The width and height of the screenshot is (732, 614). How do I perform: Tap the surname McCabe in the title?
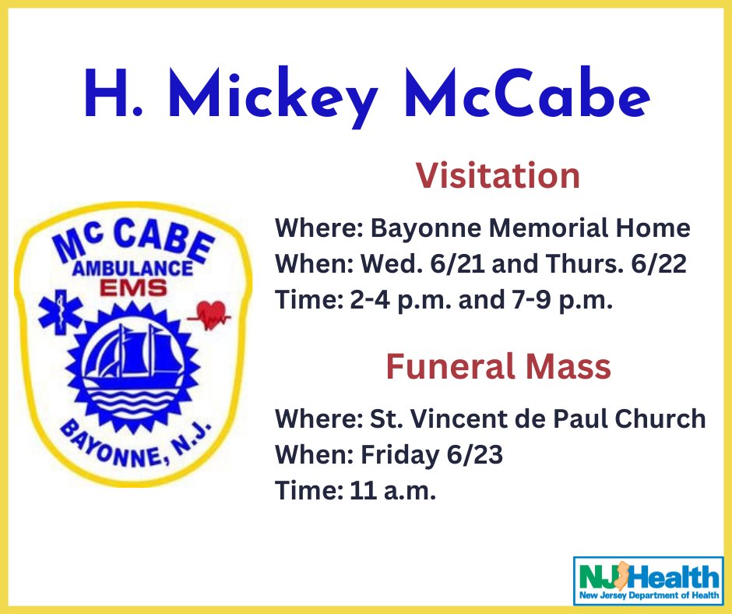[527, 93]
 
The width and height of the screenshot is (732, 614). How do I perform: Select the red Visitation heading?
[498, 175]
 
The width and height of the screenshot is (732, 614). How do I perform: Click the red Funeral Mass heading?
[498, 366]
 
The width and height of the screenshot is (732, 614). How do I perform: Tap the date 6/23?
[475, 454]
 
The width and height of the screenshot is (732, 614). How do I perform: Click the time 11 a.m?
[392, 491]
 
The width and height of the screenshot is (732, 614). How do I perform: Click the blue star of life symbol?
[61, 312]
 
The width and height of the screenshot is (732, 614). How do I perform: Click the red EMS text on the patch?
[133, 288]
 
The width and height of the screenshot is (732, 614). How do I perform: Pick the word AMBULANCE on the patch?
[132, 268]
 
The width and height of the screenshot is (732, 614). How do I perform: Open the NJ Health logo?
[648, 580]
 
